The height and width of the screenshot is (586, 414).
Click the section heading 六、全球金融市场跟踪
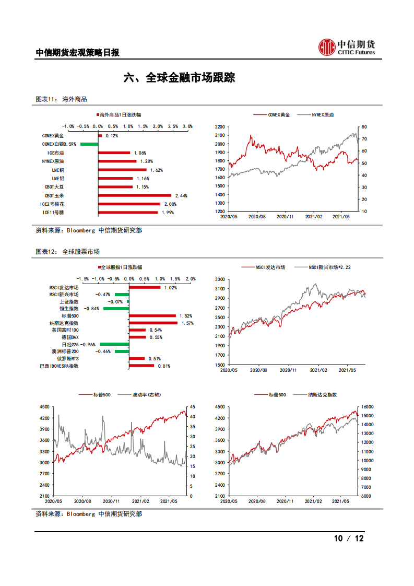tap(179, 78)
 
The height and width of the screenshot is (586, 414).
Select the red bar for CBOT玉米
tap(135, 195)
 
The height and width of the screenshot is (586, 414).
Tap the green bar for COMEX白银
tap(89, 144)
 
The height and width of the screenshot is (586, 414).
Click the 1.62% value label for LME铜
tap(156, 170)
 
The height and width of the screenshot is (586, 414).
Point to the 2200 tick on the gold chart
tap(219, 127)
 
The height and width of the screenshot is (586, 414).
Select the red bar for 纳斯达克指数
tap(153, 323)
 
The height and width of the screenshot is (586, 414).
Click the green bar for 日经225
tap(114, 344)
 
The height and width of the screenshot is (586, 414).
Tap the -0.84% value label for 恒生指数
tap(92, 309)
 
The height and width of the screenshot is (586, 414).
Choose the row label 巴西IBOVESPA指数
tap(59, 366)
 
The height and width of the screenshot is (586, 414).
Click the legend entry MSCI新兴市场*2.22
tap(322, 267)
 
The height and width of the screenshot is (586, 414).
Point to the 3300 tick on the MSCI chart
tap(219, 280)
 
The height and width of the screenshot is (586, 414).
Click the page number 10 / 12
tap(348, 538)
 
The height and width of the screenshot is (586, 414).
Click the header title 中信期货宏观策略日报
tap(77, 53)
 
